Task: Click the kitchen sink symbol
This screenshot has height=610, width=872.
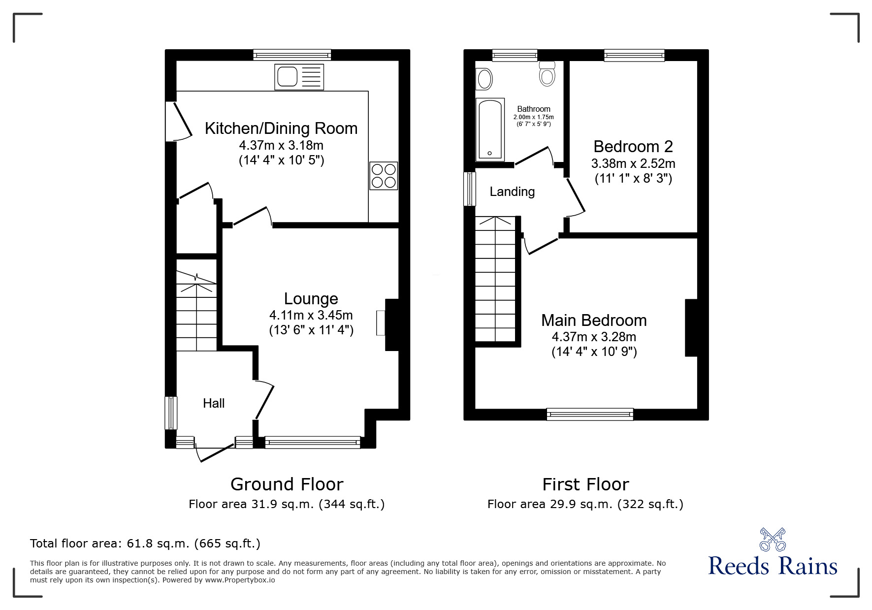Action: [x=299, y=77]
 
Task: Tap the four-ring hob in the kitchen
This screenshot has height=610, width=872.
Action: [x=384, y=176]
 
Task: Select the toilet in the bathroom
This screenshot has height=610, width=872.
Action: [x=547, y=73]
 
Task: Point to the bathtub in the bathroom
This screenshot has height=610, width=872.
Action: [x=490, y=129]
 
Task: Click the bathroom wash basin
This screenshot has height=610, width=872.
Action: [x=484, y=79]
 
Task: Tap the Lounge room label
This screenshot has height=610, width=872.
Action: [x=311, y=298]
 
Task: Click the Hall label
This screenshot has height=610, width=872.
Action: [x=214, y=403]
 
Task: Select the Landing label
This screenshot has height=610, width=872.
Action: [x=512, y=192]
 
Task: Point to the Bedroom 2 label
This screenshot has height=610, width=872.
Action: [x=633, y=146]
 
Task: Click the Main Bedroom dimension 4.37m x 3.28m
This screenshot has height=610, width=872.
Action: [x=594, y=337]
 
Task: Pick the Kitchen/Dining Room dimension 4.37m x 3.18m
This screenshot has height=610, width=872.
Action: [x=281, y=145]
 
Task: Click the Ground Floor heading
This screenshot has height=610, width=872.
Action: [x=287, y=484]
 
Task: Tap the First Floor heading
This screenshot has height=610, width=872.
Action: [x=585, y=484]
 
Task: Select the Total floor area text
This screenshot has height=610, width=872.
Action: [x=145, y=544]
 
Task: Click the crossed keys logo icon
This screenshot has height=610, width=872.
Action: [x=773, y=539]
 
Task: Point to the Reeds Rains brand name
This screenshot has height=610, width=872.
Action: [x=773, y=566]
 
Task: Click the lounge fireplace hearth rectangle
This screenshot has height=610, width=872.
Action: [x=381, y=323]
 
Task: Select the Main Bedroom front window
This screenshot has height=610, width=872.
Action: [x=590, y=414]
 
